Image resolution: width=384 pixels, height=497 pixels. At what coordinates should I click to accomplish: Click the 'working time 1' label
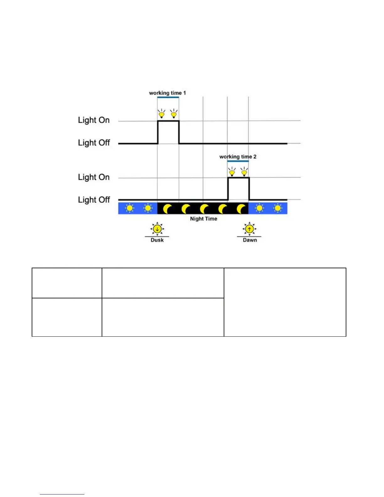click(x=167, y=93)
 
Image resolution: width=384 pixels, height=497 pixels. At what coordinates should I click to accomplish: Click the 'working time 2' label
click(x=238, y=157)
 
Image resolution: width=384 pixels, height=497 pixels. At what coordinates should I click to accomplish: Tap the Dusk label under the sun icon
click(x=157, y=240)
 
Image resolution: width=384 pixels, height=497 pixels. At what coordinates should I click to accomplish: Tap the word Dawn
click(x=250, y=240)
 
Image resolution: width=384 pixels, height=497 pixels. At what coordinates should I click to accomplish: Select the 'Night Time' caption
click(x=204, y=219)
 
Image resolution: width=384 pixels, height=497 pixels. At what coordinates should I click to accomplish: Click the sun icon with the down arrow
click(x=157, y=229)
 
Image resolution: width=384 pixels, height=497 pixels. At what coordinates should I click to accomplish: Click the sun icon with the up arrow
click(x=249, y=229)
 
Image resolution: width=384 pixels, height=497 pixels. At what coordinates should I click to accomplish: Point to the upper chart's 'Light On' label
click(x=94, y=120)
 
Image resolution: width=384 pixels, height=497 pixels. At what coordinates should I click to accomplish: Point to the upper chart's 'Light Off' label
click(x=94, y=143)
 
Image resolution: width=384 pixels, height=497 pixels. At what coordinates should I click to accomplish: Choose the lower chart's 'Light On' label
click(x=94, y=177)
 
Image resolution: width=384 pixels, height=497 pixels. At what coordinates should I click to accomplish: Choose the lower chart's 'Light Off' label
click(x=94, y=200)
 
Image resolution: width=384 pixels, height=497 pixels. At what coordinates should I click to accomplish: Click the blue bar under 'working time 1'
click(x=168, y=97)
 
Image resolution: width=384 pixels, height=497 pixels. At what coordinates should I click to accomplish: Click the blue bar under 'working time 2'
click(x=238, y=161)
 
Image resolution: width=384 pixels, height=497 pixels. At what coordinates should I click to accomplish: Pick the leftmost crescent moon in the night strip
click(x=168, y=209)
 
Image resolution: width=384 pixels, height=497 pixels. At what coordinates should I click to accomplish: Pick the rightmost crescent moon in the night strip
click(x=241, y=209)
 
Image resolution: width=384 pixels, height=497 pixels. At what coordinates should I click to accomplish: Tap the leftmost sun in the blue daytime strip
click(x=130, y=208)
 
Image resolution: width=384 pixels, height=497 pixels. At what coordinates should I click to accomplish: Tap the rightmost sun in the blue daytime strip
click(x=278, y=208)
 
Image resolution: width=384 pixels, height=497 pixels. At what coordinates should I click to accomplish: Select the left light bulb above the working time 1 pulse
click(x=162, y=114)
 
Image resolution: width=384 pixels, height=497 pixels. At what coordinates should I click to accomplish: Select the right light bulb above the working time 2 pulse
click(x=244, y=172)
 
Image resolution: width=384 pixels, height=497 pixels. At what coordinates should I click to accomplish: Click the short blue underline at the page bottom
click(x=62, y=494)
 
